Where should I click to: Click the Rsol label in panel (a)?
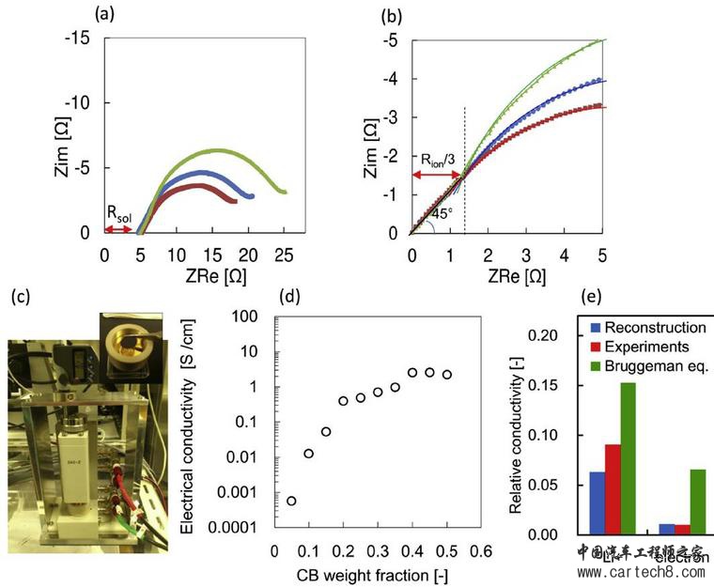click(118, 215)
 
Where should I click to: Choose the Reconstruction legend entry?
click(654, 328)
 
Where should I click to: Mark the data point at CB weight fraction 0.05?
click(291, 501)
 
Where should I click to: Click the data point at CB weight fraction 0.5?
click(447, 374)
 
